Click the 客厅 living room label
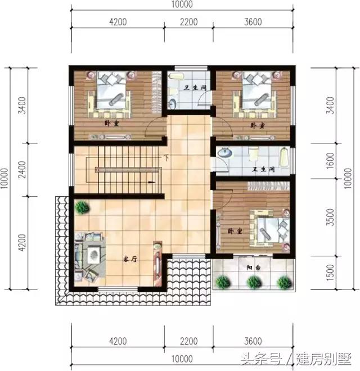point(130,260)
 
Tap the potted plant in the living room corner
point(82,207)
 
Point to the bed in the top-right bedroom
point(259,91)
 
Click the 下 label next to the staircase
point(166,158)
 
